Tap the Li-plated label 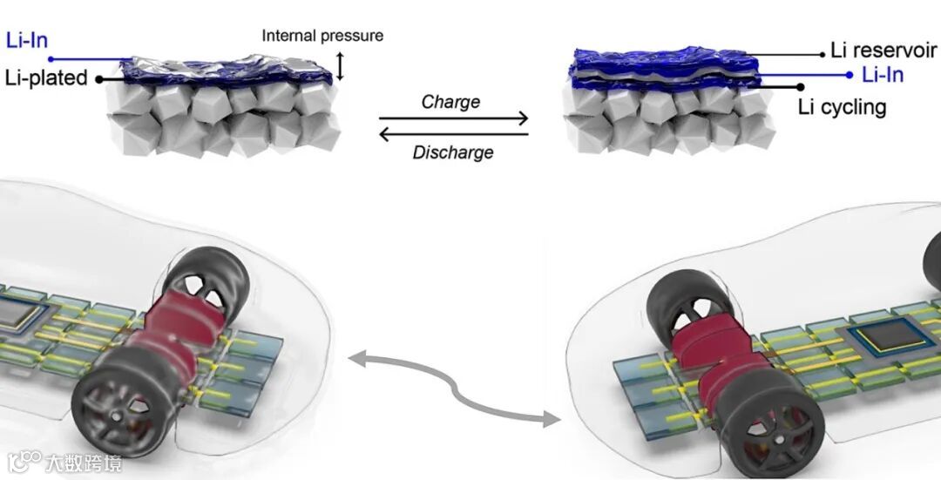(44, 78)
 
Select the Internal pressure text (322, 36)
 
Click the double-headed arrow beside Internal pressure (341, 66)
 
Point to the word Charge (450, 101)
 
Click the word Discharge (453, 152)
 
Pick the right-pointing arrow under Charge (453, 118)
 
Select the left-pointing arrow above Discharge (453, 134)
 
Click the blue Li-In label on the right (883, 75)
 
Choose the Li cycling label (842, 107)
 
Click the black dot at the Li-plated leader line (100, 78)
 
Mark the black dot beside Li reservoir (822, 53)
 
